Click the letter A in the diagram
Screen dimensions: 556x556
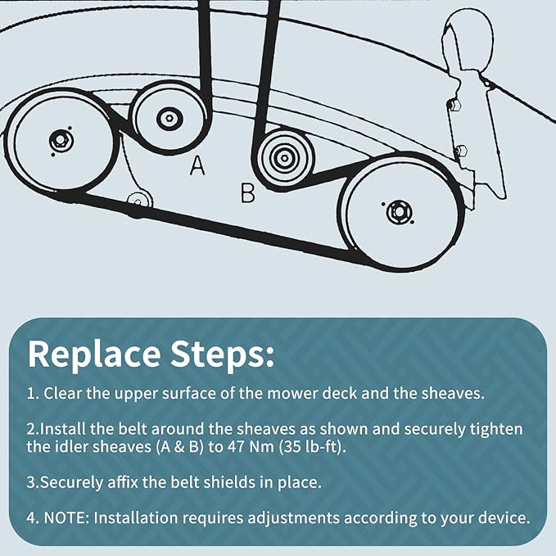197,165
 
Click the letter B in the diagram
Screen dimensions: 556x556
247,193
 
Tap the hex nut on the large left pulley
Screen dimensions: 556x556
59,141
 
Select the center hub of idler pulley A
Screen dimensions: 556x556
170,118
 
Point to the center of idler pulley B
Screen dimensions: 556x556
284,159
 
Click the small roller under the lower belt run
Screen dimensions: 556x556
139,201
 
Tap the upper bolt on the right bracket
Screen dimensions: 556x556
455,105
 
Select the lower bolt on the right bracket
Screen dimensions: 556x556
461,151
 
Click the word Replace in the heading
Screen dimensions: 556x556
94,355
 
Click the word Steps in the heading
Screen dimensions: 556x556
223,355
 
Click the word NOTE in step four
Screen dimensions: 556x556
66,518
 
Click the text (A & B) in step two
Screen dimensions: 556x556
180,446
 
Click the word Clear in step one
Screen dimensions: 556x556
62,393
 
